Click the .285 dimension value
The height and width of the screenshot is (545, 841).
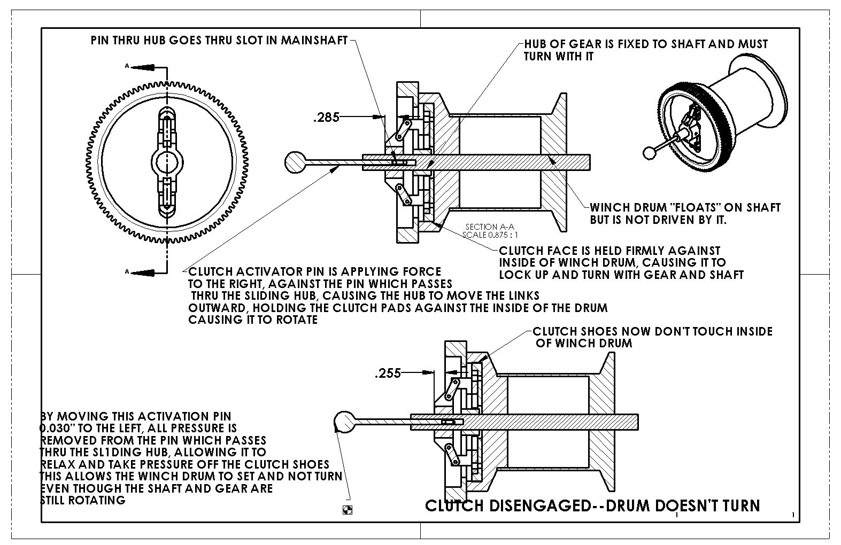pos(326,117)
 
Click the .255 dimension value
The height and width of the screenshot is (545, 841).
pos(388,373)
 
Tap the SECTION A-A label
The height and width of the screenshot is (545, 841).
pos(489,227)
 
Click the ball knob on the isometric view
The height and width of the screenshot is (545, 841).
pos(650,152)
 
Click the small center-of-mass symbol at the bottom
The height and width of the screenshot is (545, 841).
pos(346,510)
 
